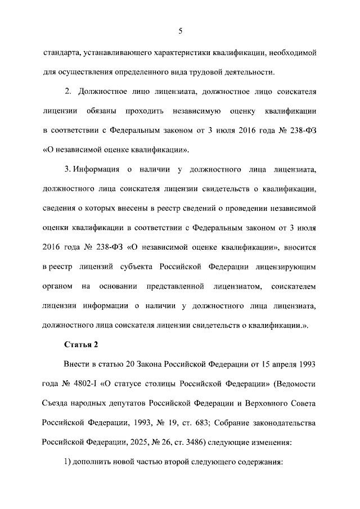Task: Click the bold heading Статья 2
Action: click(x=82, y=344)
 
